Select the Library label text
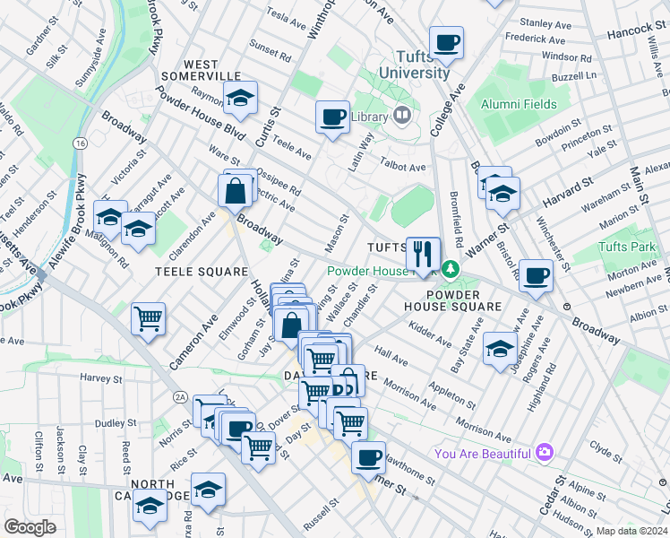pos(368,116)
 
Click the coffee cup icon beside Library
pos(333,117)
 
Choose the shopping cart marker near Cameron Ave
pos(148,318)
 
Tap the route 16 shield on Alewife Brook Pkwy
pos(80,143)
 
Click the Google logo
pos(30,527)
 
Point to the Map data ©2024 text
pos(632,531)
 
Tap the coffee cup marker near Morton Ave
pos(536,275)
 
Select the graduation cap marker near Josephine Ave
pos(499,348)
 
